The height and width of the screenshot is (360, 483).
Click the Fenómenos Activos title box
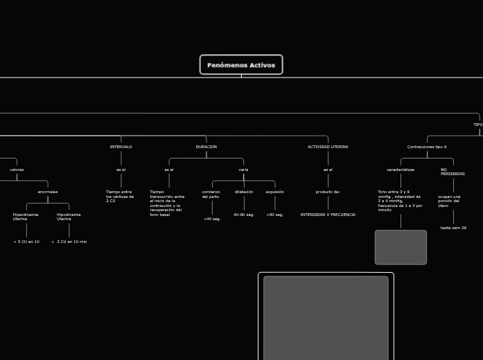241,65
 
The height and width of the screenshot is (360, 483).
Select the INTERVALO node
121,147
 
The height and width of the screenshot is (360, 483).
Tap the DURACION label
206,147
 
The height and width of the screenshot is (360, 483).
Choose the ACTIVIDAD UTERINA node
328,147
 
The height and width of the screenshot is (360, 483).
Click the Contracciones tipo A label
427,147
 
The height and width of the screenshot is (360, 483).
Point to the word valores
17,170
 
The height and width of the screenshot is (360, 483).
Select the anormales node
48,192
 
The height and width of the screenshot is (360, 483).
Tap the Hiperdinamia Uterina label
25,217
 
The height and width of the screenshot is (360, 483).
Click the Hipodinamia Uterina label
69,217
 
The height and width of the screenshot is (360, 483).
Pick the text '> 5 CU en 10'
26,242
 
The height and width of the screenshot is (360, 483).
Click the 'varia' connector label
243,170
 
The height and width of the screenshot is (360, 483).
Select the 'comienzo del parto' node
211,194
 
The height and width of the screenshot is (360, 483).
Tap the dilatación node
244,192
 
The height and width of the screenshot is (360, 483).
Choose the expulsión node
275,192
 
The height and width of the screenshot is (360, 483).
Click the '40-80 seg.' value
244,215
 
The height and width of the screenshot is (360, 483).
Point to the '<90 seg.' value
275,215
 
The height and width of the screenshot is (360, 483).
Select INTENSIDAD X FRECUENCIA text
328,215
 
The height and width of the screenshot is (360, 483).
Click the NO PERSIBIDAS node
453,172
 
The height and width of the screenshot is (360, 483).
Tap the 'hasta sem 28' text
453,228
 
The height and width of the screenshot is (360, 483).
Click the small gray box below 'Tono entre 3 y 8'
401,247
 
